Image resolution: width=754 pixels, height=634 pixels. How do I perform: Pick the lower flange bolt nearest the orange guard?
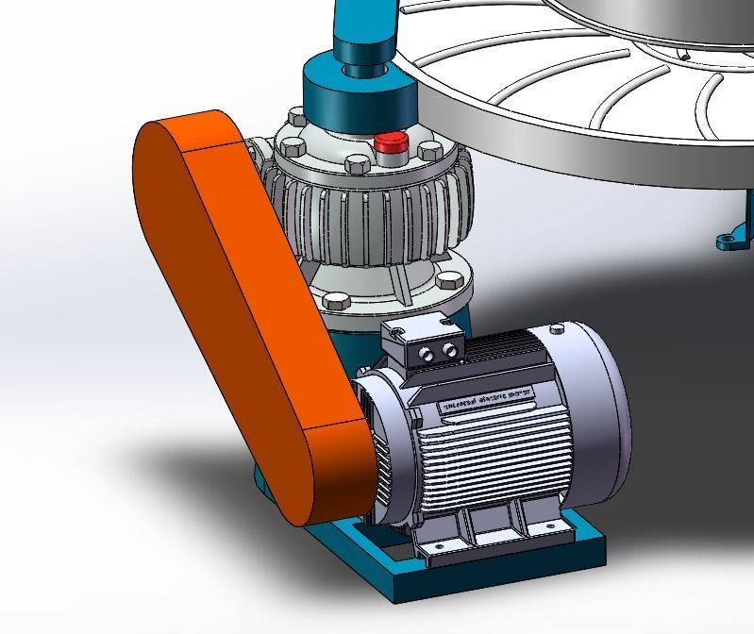tap(335, 301)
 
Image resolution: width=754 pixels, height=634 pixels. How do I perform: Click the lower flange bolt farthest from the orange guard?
tap(450, 280)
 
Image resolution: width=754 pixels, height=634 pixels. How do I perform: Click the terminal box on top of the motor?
tap(421, 342)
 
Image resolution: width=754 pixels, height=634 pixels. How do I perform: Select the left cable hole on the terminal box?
tap(425, 353)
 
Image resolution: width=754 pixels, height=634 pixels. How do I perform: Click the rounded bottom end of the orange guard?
tap(326, 481)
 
